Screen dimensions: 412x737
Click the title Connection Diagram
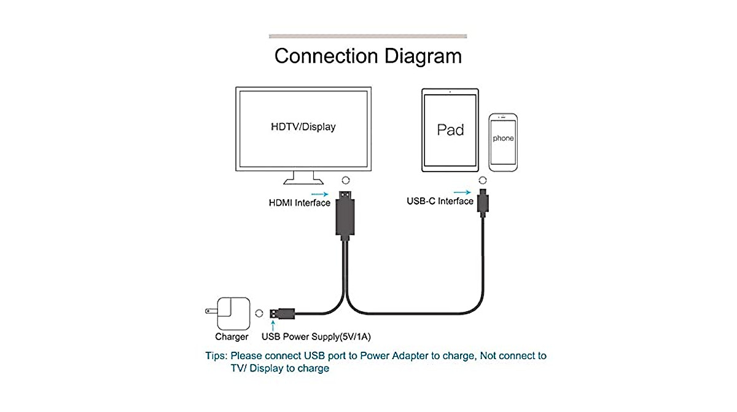click(x=368, y=56)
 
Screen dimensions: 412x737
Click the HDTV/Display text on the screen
click(x=303, y=127)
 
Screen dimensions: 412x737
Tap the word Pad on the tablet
click(x=450, y=130)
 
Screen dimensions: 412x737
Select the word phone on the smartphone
click(x=503, y=139)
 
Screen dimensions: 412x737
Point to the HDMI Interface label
click(x=299, y=203)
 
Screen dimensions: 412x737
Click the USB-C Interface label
click(x=440, y=201)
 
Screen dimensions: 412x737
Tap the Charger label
click(x=232, y=336)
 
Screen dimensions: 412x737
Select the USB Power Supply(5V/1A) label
click(x=316, y=336)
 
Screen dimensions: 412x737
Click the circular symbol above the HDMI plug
click(x=346, y=180)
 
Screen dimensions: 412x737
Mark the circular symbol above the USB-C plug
click(x=483, y=180)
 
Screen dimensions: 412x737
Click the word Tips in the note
click(x=216, y=356)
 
